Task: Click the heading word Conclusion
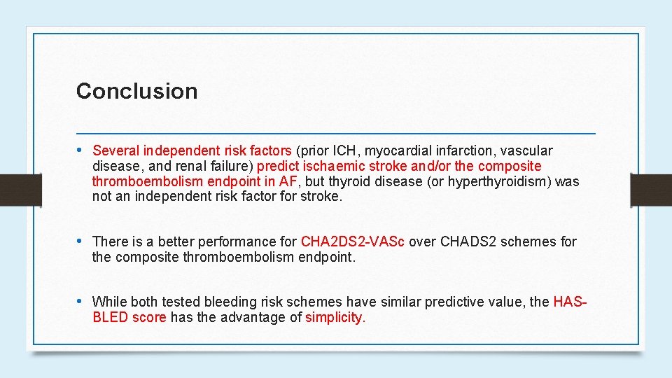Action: point(136,91)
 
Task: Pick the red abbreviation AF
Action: point(288,181)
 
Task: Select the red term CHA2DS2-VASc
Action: point(353,241)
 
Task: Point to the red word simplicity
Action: point(335,317)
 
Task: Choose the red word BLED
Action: point(109,317)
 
